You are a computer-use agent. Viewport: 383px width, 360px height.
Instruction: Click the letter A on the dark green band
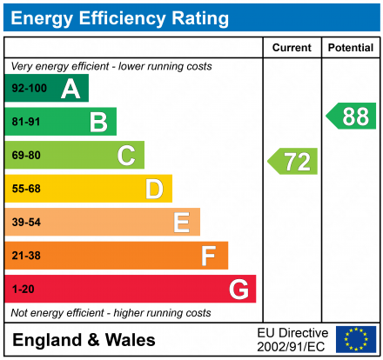(71, 89)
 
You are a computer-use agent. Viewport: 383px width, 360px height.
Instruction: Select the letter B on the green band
(98, 123)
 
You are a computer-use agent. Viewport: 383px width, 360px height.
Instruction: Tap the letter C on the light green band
(126, 156)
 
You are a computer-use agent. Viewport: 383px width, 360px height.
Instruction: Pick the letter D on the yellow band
(154, 189)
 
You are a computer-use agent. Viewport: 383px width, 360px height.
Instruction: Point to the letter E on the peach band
(181, 223)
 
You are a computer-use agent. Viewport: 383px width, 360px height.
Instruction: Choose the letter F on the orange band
(209, 256)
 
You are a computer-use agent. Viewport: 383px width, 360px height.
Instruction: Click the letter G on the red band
(238, 289)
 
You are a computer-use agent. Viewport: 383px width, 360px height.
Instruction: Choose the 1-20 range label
(21, 289)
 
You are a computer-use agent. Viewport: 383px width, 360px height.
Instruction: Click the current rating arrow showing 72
(293, 161)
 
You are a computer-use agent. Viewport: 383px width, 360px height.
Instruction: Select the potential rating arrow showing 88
(352, 117)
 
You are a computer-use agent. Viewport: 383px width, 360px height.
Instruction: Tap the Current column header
(292, 48)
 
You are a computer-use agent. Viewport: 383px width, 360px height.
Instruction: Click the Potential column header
(351, 48)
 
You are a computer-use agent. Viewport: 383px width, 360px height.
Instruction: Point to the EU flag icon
(356, 339)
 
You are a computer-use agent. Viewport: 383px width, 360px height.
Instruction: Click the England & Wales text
(84, 340)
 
